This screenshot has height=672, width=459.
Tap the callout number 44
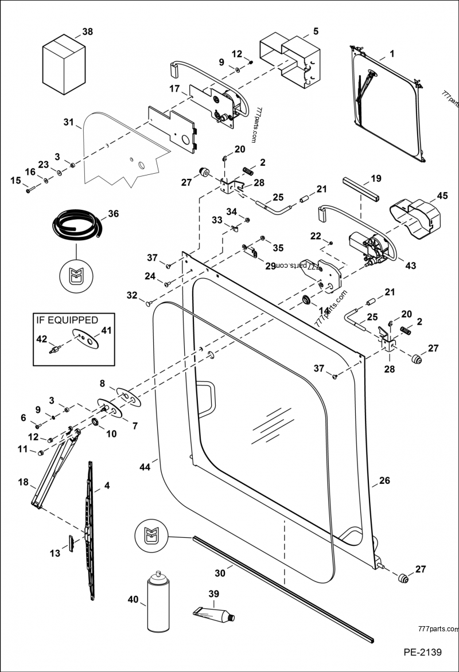click(145, 467)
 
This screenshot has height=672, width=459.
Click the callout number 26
click(384, 480)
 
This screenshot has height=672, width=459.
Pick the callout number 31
click(68, 123)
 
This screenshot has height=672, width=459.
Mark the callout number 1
click(391, 54)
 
